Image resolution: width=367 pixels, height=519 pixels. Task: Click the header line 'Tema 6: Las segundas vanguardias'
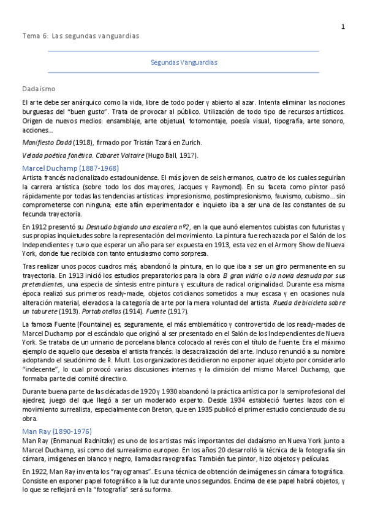pyautogui.click(x=80, y=36)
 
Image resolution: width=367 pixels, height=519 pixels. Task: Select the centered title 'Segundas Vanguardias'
pyautogui.click(x=184, y=62)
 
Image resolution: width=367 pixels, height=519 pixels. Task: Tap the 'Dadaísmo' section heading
pyautogui.click(x=39, y=89)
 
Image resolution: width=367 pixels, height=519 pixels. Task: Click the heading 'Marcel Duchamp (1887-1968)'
pyautogui.click(x=70, y=168)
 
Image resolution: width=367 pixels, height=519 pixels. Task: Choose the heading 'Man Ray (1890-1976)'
pyautogui.click(x=57, y=431)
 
